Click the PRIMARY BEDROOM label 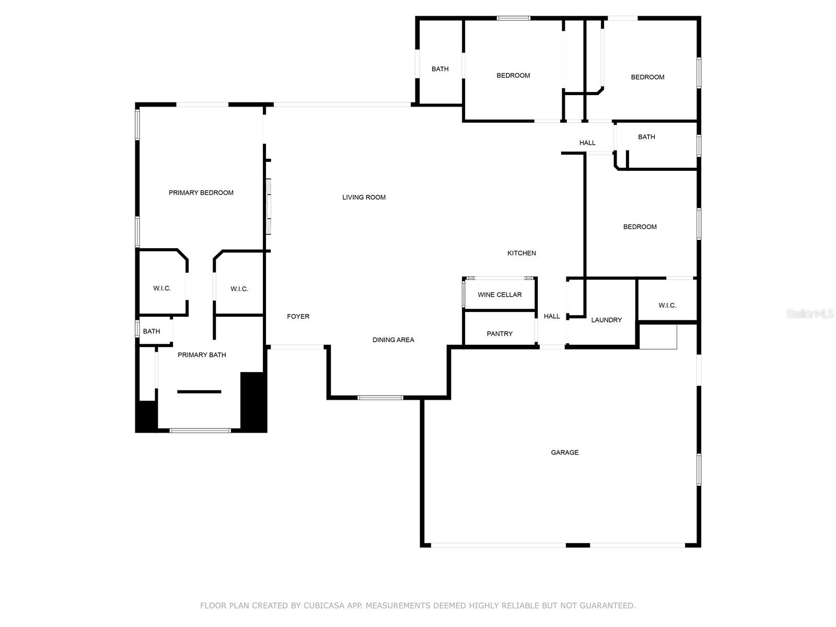pos(201,193)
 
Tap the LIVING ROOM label pos(364,197)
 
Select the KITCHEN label pos(521,253)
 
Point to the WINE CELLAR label pos(500,295)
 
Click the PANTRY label pos(500,334)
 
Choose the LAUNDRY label pos(606,320)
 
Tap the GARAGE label pos(564,452)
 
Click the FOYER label pos(298,316)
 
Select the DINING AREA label pos(393,340)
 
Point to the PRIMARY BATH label pos(202,355)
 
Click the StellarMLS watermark pos(810,313)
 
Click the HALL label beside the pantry pos(551,316)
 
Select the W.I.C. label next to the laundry pos(667,305)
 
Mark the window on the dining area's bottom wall pos(380,398)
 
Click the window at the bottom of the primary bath pos(200,431)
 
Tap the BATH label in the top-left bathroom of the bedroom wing pos(440,69)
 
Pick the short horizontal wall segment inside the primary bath pos(199,392)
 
